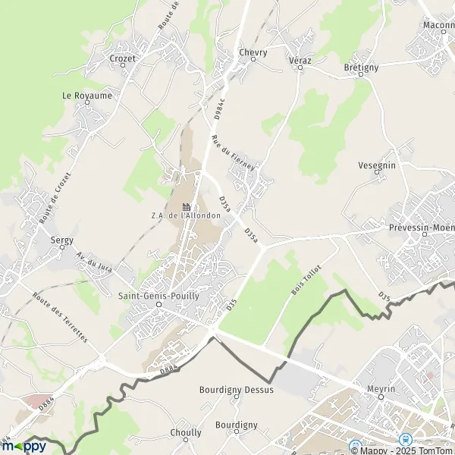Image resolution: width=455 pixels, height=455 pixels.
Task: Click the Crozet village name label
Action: tap(123, 58)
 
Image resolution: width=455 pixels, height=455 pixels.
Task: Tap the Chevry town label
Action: tap(253, 52)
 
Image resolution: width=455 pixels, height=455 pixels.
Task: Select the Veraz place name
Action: tap(300, 59)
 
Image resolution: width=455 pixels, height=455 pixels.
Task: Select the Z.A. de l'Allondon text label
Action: tap(186, 215)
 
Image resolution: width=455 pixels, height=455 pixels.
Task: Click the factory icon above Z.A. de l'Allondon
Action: tap(186, 206)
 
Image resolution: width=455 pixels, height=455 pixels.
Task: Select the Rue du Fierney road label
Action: tap(225, 148)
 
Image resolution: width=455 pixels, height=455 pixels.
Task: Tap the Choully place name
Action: tap(187, 433)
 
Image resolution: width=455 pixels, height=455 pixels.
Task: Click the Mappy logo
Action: tap(23, 446)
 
